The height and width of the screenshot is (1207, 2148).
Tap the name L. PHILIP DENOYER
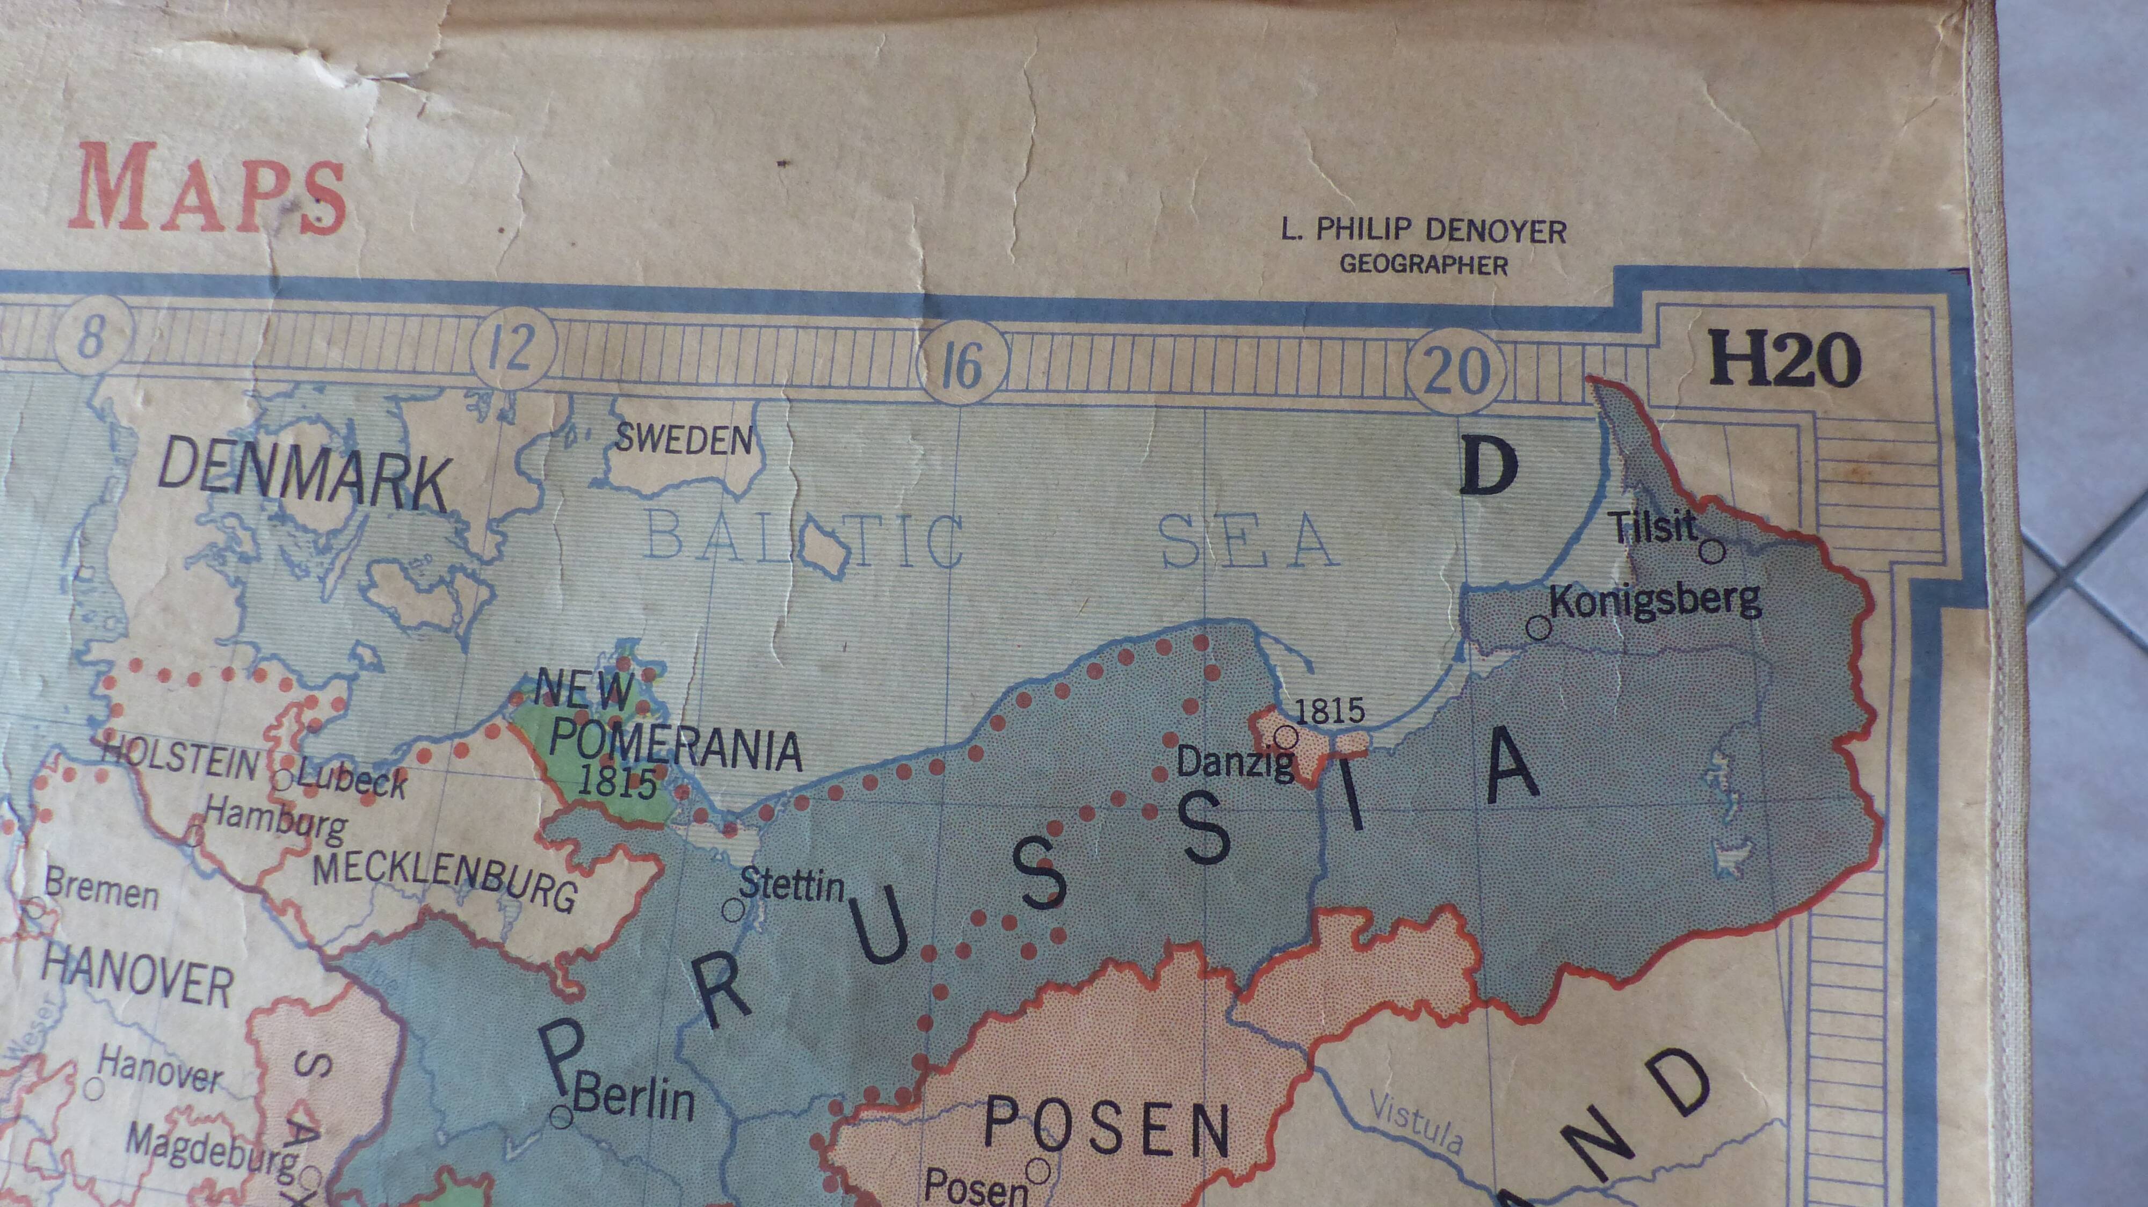click(1424, 231)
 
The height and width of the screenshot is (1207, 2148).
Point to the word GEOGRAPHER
click(1424, 265)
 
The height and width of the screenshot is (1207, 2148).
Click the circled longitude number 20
click(1456, 370)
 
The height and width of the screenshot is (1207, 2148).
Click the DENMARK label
click(303, 477)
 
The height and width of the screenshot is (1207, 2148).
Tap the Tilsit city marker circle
click(1712, 551)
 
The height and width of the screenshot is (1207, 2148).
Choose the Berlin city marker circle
click(562, 1115)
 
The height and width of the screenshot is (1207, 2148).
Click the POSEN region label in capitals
click(1107, 1127)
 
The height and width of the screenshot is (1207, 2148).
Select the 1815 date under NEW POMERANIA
click(616, 781)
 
